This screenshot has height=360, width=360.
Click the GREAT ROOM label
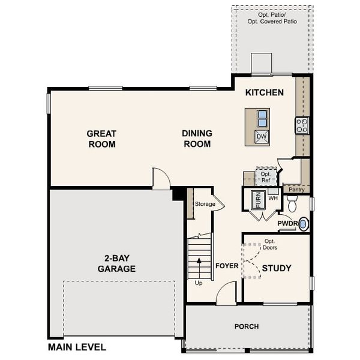pos(101,139)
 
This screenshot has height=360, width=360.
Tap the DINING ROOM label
pos(197,139)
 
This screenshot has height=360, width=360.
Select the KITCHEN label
pos(264,93)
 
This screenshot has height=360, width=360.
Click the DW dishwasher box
pos(261,137)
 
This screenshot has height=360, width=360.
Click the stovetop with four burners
pos(301,125)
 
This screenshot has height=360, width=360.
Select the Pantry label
pos(296,190)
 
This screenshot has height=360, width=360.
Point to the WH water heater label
pos(272,198)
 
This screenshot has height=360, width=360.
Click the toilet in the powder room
pos(292,205)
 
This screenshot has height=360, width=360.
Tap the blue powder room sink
pos(303,224)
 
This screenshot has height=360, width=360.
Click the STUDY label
pos(277,268)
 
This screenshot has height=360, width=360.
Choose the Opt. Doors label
pos(270,244)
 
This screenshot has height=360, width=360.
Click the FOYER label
pos(227,265)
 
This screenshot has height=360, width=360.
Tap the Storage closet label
pos(205,204)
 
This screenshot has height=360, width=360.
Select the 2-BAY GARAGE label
pos(116,263)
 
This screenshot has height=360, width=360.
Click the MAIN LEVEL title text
pos(77,347)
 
